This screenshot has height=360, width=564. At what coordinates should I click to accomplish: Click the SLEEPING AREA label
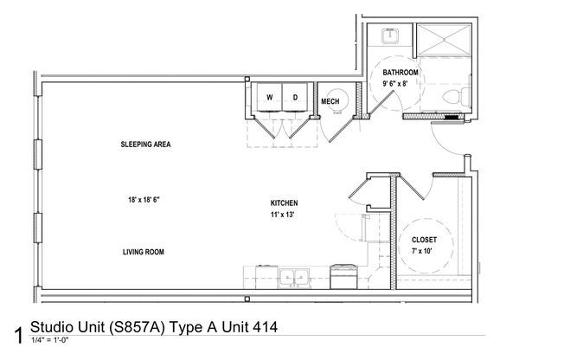144,145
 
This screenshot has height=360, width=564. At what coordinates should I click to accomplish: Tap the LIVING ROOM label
143,252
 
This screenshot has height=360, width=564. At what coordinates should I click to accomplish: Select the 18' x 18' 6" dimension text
143,199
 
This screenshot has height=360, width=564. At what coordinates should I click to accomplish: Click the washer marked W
269,98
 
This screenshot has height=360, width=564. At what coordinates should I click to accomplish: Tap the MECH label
330,102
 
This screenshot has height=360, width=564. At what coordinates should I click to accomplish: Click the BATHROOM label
401,72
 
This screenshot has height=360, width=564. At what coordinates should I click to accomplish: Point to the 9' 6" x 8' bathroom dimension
401,84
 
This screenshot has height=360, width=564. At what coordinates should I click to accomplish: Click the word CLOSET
424,239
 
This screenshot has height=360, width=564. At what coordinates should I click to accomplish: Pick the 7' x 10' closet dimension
424,251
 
